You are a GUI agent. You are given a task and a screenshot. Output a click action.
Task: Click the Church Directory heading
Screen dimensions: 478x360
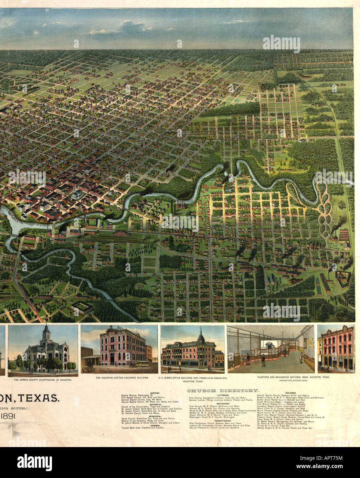(x=223, y=391)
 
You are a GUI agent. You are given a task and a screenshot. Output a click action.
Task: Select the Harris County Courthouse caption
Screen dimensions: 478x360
(x=43, y=380)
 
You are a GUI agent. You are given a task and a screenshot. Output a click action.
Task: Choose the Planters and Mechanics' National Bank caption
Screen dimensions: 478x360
(x=293, y=377)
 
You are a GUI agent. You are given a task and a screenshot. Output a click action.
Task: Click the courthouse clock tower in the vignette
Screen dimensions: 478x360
(x=46, y=332)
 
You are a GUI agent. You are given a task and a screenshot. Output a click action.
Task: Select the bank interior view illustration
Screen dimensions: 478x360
(x=270, y=349)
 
